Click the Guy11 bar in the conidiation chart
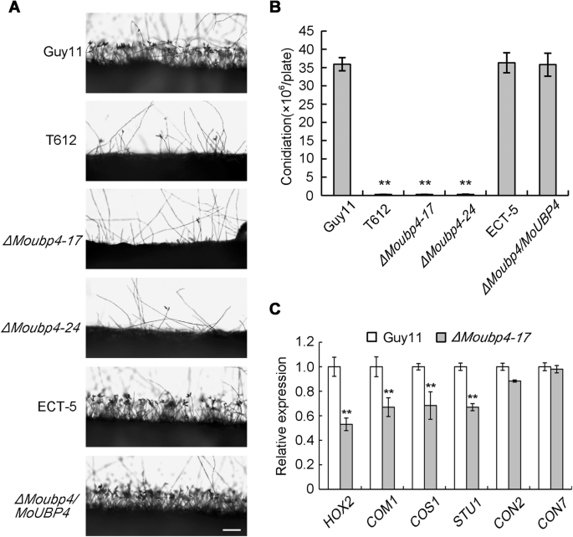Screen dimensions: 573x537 coord(342,130)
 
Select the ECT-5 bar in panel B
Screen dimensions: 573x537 coord(506,129)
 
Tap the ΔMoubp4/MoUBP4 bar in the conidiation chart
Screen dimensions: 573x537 coord(547,130)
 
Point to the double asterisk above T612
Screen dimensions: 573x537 coord(384,183)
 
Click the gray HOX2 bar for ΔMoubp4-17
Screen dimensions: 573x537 coord(346,457)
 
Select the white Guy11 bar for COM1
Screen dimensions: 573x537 coord(376,427)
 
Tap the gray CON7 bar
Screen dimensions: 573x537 coord(557,429)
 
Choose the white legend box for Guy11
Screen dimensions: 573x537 coord(371,337)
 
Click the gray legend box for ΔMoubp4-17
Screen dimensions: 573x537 coord(441,337)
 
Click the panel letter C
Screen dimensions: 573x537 coord(275,309)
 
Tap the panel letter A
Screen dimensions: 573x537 coord(14,8)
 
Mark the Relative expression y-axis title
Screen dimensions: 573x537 coord(281,416)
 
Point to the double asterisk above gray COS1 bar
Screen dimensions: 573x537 coord(431,386)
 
